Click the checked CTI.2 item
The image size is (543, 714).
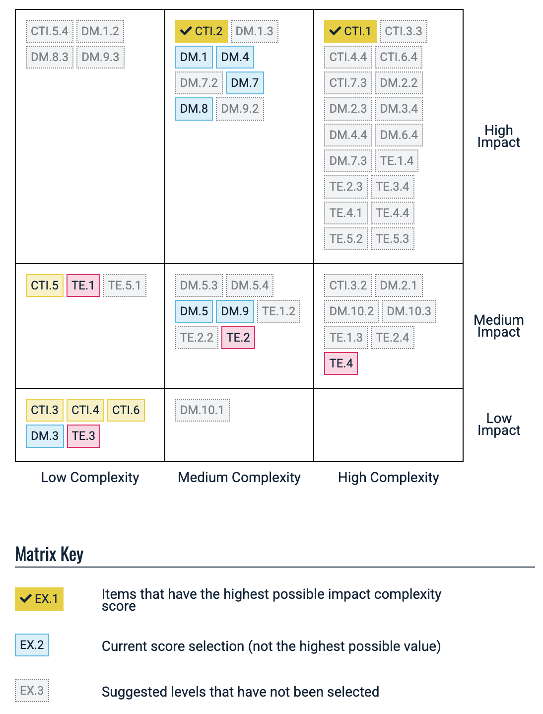[202, 31]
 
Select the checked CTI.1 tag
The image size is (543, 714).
[350, 31]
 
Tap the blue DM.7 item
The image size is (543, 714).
[245, 83]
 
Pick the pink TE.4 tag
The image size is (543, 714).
[341, 363]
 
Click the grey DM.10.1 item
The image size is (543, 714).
[202, 410]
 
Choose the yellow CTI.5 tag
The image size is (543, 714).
[45, 286]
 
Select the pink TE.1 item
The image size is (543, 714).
[83, 286]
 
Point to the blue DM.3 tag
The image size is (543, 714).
[45, 436]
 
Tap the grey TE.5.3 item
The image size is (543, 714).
[393, 239]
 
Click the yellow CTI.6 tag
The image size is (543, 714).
[126, 410]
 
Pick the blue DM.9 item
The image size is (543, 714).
[235, 311]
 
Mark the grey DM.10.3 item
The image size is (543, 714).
[409, 311]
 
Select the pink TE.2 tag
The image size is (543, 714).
[238, 338]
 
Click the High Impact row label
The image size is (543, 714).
[498, 137]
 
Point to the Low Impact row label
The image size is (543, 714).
[498, 425]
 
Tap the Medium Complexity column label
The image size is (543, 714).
[239, 478]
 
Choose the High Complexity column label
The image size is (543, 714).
[388, 478]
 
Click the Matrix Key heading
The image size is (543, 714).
[49, 554]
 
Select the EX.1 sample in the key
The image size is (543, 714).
[39, 599]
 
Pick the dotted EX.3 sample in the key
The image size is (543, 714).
[32, 691]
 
